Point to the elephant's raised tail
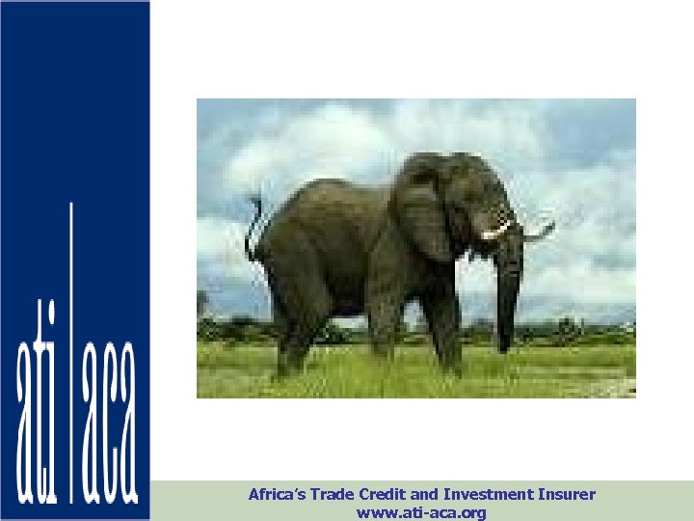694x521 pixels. point(254,228)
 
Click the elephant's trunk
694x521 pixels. point(506,289)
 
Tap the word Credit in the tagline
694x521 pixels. point(387,495)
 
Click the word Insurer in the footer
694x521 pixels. point(568,495)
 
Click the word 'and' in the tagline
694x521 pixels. point(425,495)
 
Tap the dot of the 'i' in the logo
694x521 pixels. point(48,314)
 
